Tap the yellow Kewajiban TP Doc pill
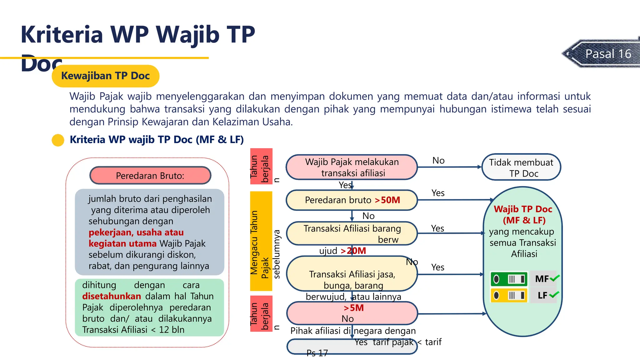pyautogui.click(x=105, y=76)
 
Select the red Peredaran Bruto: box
pyautogui.click(x=150, y=176)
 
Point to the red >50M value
pyautogui.click(x=387, y=200)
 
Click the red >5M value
pyautogui.click(x=353, y=308)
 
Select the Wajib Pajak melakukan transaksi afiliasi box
pyautogui.click(x=352, y=167)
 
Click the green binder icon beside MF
pyautogui.click(x=509, y=279)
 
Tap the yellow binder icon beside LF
pyautogui.click(x=509, y=295)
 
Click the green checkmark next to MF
pyautogui.click(x=555, y=278)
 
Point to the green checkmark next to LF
pyautogui.click(x=554, y=294)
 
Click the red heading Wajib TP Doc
pyautogui.click(x=523, y=209)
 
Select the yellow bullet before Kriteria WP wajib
pyautogui.click(x=58, y=140)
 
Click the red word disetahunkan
pyautogui.click(x=112, y=296)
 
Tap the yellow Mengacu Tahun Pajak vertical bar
pyautogui.click(x=261, y=241)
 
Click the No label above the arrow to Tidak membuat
pyautogui.click(x=438, y=161)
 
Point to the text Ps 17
pyautogui.click(x=317, y=353)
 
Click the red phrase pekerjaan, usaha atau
pyautogui.click(x=136, y=232)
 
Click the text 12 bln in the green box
pyautogui.click(x=172, y=330)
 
